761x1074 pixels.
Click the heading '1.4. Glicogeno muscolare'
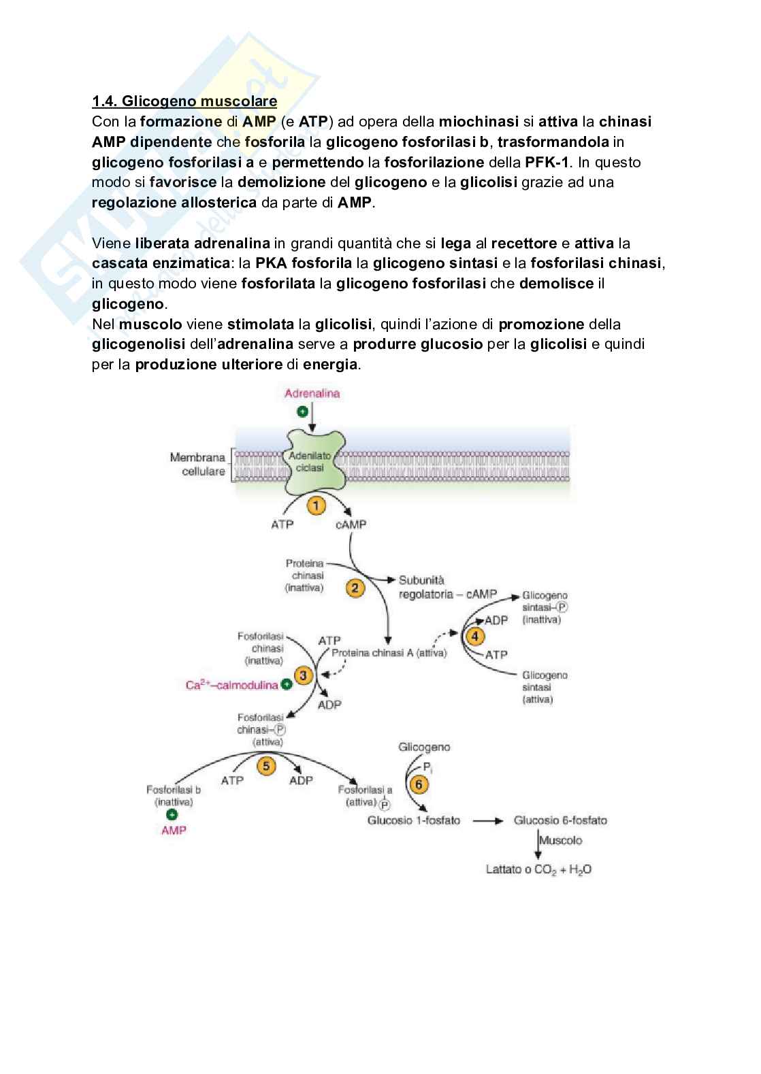click(x=184, y=101)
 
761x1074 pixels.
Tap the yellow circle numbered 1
click(x=316, y=505)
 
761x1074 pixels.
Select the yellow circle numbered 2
click(x=355, y=588)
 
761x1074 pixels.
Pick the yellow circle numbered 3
click(x=304, y=675)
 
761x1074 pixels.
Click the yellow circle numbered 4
click(x=474, y=637)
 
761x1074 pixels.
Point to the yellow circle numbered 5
click(x=266, y=766)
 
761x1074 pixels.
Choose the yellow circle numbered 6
click(x=418, y=784)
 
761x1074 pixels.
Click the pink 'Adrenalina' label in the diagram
click(x=312, y=393)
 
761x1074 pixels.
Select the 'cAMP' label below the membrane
click(x=351, y=524)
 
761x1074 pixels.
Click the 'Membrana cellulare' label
click(x=198, y=464)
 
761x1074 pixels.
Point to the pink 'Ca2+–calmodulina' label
click(x=232, y=685)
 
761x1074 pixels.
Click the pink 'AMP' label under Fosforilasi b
click(x=174, y=830)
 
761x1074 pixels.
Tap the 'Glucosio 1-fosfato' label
click(x=414, y=820)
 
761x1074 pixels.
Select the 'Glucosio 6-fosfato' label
click(x=560, y=820)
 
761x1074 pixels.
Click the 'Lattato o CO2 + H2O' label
click(x=538, y=869)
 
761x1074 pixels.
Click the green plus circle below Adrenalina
click(x=302, y=411)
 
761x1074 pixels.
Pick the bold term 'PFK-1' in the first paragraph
click(x=548, y=162)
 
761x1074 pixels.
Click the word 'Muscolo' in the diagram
click(x=560, y=840)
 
